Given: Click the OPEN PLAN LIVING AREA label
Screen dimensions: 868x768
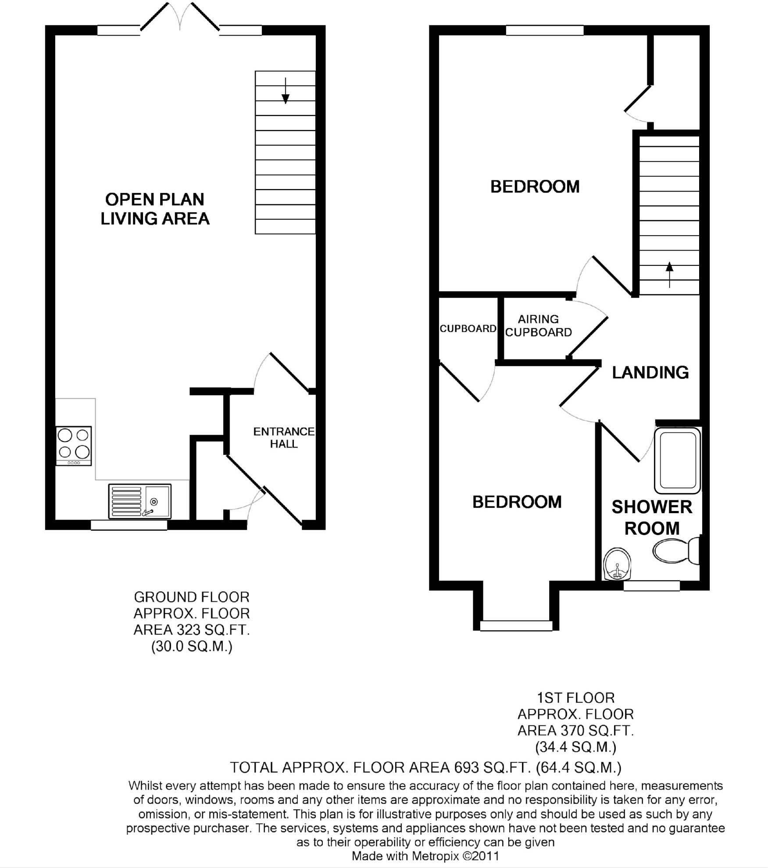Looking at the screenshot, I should coord(155,209).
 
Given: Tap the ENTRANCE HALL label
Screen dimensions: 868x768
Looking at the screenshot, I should coord(284,437).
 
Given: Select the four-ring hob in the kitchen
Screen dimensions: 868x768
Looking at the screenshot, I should coord(74,445).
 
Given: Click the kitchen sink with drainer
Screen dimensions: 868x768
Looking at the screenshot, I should coord(139,501).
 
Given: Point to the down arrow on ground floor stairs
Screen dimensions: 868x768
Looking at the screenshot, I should coord(286,91).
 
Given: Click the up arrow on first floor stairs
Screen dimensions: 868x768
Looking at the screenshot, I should coord(669,274).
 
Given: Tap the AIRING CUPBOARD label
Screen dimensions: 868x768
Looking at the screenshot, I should coord(539,325).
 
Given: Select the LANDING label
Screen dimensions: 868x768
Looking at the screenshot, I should coord(650,372).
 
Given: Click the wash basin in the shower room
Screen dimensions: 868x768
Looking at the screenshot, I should coord(618,564).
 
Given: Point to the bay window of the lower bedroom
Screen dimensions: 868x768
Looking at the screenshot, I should coord(516,625).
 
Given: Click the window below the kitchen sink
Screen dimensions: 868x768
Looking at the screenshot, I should coord(129,525).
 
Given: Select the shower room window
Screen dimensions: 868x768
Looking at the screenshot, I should coord(651,586).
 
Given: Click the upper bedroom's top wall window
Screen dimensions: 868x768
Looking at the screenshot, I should coord(544,30).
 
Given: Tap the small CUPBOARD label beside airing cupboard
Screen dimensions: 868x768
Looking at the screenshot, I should coord(468,329).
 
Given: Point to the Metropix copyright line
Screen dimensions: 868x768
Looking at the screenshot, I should coord(425,856).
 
